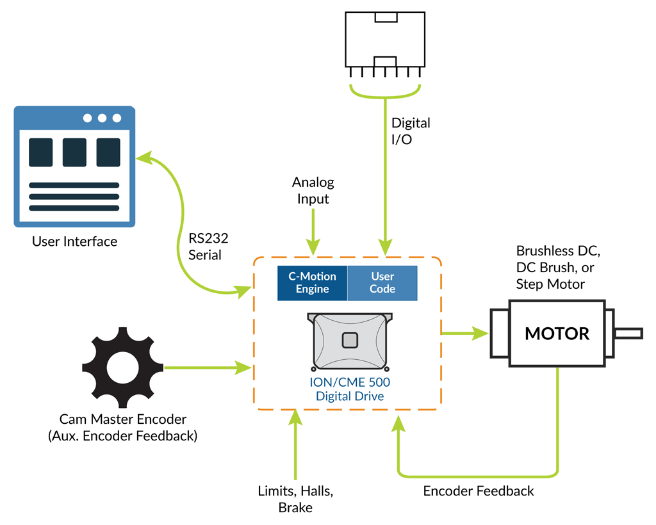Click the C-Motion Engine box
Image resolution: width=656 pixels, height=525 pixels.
(x=312, y=283)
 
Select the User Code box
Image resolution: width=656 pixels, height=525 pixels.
(x=382, y=283)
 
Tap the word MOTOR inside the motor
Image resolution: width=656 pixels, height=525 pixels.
(x=557, y=334)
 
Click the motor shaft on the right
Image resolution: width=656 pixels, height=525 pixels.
(x=628, y=333)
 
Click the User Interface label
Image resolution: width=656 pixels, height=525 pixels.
(x=74, y=241)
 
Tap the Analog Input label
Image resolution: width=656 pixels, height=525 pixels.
(x=313, y=191)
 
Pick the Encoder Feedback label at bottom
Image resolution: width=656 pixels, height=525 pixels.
(x=478, y=491)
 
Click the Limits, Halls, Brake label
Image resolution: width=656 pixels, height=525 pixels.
(x=295, y=499)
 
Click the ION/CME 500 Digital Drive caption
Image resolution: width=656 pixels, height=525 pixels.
(x=350, y=389)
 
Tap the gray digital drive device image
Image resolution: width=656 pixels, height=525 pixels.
(x=349, y=341)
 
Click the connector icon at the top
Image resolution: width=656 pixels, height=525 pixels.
(x=384, y=40)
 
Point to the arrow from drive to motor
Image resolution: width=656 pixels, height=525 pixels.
(x=464, y=333)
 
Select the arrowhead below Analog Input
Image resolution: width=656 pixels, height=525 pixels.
(x=313, y=246)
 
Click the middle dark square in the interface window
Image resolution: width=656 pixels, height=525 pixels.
(x=74, y=152)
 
